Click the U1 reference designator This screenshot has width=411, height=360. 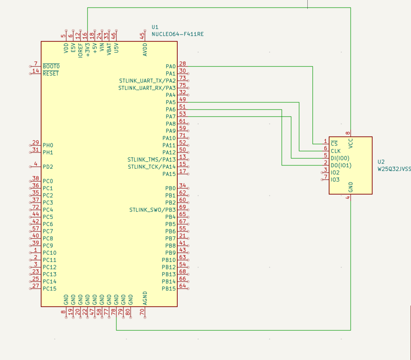click(155, 27)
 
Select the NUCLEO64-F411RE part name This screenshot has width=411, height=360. click(177, 34)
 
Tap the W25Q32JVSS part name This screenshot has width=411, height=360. click(394, 169)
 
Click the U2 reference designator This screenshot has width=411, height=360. click(381, 162)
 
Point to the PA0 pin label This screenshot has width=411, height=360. click(170, 66)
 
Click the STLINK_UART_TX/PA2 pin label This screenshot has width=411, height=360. click(147, 81)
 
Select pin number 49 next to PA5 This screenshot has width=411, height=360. click(182, 99)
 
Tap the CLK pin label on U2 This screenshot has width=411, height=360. click(336, 151)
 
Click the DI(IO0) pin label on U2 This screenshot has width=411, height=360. click(340, 158)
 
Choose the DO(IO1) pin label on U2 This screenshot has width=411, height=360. click(341, 166)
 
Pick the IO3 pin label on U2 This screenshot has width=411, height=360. click(335, 180)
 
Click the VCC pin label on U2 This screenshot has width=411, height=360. click(350, 143)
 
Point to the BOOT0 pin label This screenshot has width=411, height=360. click(51, 66)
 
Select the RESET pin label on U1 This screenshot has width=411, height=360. click(51, 74)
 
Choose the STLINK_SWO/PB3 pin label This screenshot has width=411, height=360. click(152, 210)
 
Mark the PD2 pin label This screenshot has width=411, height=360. click(48, 167)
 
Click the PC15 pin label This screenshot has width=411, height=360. click(49, 289)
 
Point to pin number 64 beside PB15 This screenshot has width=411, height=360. click(182, 286)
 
